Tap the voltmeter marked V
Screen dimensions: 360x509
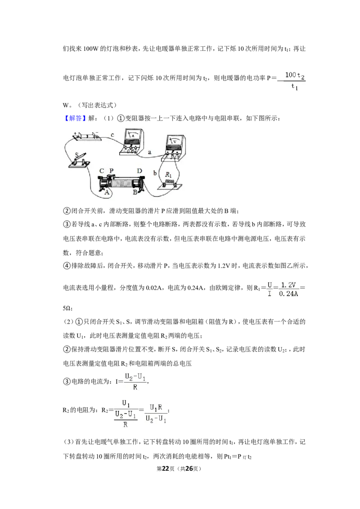174,147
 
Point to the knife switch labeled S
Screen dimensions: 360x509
79,160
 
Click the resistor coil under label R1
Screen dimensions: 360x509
170,183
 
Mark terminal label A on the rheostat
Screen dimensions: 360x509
107,192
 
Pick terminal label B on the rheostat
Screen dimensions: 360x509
135,192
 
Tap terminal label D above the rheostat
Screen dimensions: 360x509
139,171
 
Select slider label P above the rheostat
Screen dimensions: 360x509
112,171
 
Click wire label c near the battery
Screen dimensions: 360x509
112,135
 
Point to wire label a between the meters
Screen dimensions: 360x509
149,152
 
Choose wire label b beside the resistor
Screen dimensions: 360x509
155,173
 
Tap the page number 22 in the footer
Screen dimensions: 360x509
166,469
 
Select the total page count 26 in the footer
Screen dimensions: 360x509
189,469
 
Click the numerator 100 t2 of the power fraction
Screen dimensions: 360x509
295,76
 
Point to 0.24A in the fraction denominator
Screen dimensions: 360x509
288,294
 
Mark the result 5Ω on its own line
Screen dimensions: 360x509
67,308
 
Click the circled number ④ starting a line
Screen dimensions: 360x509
67,266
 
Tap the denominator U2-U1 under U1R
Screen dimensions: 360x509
156,419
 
